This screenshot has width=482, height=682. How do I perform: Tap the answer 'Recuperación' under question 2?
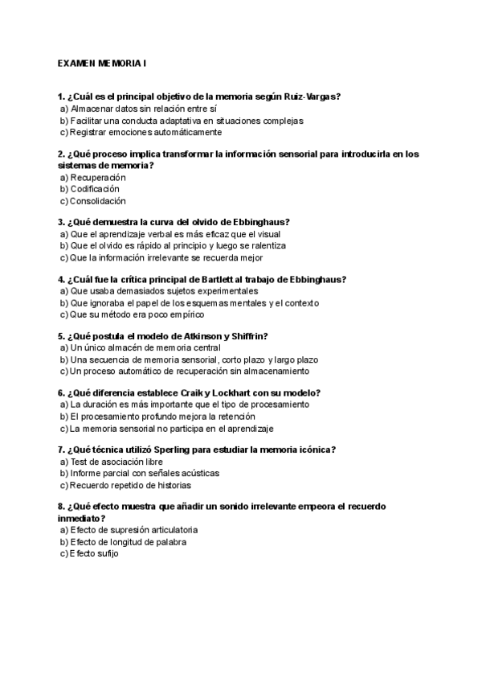point(98,177)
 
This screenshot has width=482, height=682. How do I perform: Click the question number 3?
point(61,222)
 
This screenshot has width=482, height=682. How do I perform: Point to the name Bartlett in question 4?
point(232,279)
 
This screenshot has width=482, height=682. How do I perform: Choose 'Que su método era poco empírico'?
point(137,315)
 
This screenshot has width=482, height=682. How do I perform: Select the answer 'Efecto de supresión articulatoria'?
point(133,530)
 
